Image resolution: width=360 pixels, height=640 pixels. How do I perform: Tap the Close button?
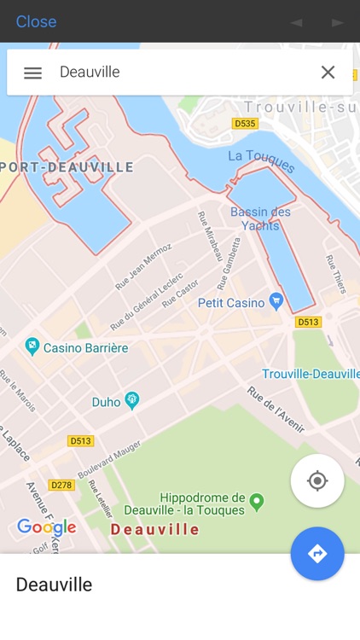36,21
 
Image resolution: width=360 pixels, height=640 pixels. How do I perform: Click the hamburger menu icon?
32,73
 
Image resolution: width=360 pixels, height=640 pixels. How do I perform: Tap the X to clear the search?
328,73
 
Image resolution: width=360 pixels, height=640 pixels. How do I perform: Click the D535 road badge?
245,124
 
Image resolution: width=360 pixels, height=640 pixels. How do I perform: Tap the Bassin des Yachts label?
260,218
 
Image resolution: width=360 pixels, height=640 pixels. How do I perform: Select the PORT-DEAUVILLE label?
67,167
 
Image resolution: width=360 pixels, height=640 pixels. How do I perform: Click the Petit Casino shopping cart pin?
276,301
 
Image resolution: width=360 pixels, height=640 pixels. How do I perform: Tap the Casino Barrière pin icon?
32,346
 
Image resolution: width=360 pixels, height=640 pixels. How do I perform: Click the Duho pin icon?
131,400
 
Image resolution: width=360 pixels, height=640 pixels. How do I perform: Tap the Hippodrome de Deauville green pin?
257,501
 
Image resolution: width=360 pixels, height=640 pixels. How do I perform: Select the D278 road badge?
61,485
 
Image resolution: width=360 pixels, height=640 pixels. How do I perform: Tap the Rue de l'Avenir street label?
275,409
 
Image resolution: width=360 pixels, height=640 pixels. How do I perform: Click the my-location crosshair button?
317,481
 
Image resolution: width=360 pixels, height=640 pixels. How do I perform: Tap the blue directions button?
317,554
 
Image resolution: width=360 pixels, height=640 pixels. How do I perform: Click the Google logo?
46,527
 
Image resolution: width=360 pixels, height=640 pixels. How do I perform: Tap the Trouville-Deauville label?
311,374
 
